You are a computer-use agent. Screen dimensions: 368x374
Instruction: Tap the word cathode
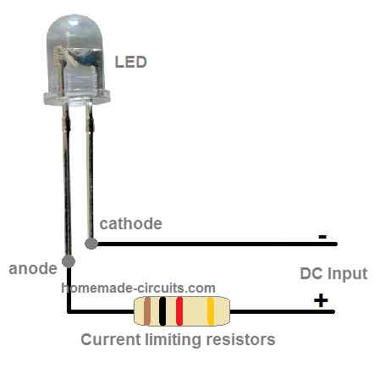(131, 224)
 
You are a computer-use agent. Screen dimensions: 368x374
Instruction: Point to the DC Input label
(334, 274)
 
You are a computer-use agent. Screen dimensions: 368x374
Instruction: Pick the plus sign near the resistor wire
(321, 299)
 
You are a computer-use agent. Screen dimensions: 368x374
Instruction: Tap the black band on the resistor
(163, 312)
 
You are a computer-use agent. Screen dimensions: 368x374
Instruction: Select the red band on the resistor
(179, 312)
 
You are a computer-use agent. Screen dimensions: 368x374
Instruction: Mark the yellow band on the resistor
(210, 312)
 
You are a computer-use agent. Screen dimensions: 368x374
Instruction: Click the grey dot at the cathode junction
(91, 244)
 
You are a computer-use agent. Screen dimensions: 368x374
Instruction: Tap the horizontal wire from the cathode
(212, 244)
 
